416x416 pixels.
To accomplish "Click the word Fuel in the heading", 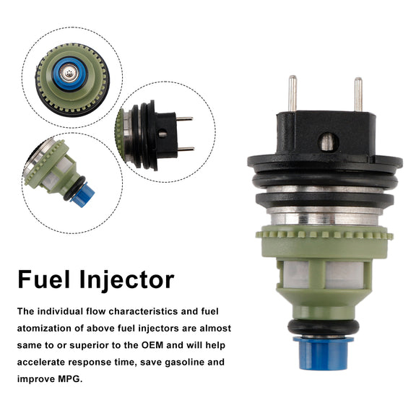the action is [44, 279].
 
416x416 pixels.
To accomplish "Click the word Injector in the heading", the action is [127, 281].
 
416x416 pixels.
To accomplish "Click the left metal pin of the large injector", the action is [292, 93].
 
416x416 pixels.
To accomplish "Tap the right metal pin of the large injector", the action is [358, 95].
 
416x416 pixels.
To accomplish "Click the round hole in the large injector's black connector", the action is [328, 142].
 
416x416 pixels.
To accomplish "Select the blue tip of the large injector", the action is [323, 353].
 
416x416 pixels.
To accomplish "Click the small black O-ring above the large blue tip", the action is [323, 327].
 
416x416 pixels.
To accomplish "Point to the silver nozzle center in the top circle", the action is [69, 72].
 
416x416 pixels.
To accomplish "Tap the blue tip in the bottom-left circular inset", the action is [83, 196].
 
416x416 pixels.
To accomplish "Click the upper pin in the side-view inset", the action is [185, 118].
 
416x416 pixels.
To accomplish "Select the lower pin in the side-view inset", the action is [186, 149].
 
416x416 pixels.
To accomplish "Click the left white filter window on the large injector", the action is [296, 274].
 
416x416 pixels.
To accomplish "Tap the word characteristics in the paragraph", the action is [144, 311].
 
